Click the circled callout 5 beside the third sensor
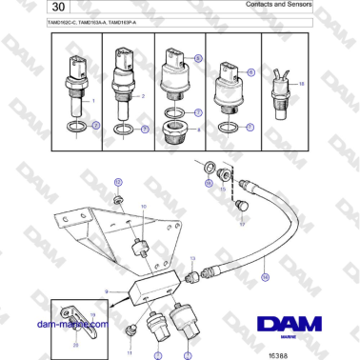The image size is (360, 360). point(199,58)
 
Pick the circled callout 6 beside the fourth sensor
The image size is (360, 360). point(250,72)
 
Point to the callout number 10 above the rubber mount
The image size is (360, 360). point(144,206)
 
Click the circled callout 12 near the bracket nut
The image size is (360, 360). point(118,180)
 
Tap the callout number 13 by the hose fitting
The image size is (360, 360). point(191,258)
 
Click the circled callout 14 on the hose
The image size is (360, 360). point(266,276)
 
